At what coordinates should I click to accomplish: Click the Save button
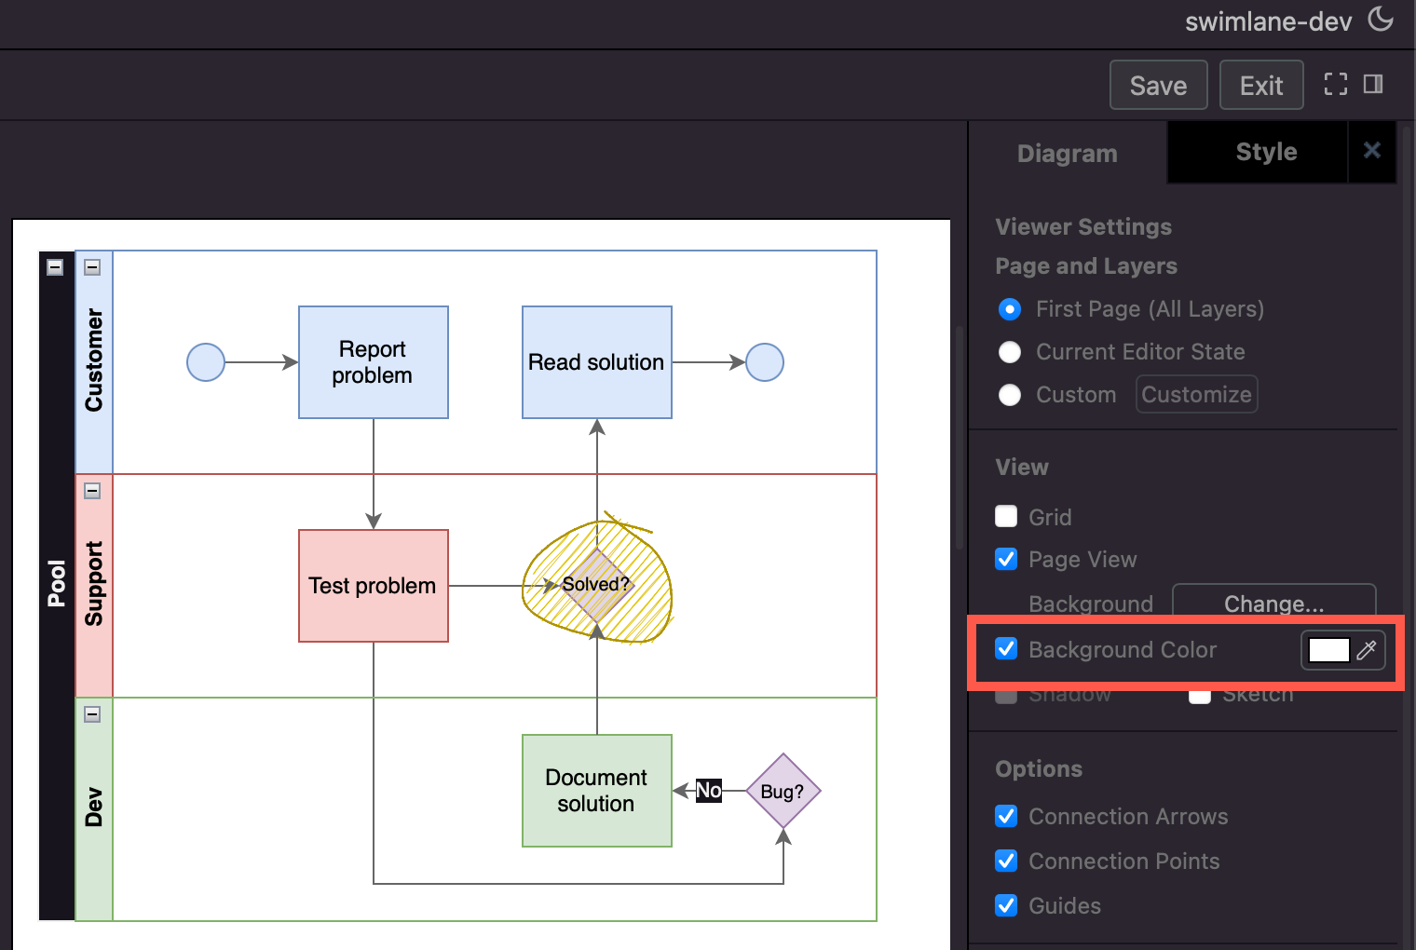[x=1158, y=86]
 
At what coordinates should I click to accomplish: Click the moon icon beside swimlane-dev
[x=1381, y=19]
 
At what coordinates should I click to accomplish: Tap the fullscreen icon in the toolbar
[x=1336, y=85]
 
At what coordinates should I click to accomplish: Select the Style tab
[x=1265, y=152]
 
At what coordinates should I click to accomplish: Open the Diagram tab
[x=1067, y=154]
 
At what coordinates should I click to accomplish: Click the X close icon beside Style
[x=1371, y=151]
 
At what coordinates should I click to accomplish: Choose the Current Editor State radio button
[x=1010, y=352]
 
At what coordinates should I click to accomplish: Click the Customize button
[x=1196, y=395]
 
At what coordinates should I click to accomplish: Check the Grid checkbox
[x=1006, y=517]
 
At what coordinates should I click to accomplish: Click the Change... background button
[x=1273, y=604]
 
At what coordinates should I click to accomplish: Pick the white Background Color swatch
[x=1328, y=650]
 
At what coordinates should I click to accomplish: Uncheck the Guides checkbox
[x=1006, y=905]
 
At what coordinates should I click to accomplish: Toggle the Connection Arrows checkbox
[x=1006, y=817]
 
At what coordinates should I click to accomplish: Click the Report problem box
[x=373, y=362]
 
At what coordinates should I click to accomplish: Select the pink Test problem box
[x=373, y=586]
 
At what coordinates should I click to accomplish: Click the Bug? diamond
[x=783, y=791]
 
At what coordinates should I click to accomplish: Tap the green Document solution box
[x=596, y=791]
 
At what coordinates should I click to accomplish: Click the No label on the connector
[x=709, y=791]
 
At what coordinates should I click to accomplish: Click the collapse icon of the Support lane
[x=92, y=491]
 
